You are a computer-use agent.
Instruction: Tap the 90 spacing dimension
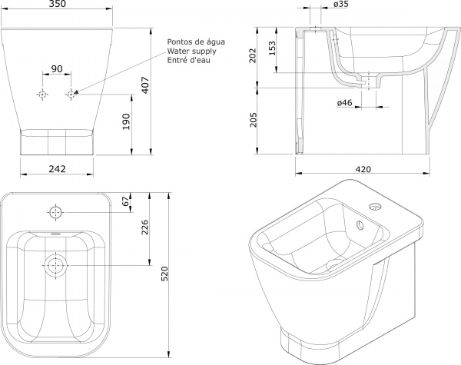pyautogui.click(x=57, y=69)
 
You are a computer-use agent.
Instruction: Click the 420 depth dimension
pyautogui.click(x=363, y=169)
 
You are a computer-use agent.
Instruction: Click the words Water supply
pyautogui.click(x=190, y=51)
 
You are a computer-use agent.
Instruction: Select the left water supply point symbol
pyautogui.click(x=42, y=94)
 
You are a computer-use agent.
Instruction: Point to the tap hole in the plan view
pyautogui.click(x=56, y=211)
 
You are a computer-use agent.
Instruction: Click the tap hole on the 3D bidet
pyautogui.click(x=375, y=207)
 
